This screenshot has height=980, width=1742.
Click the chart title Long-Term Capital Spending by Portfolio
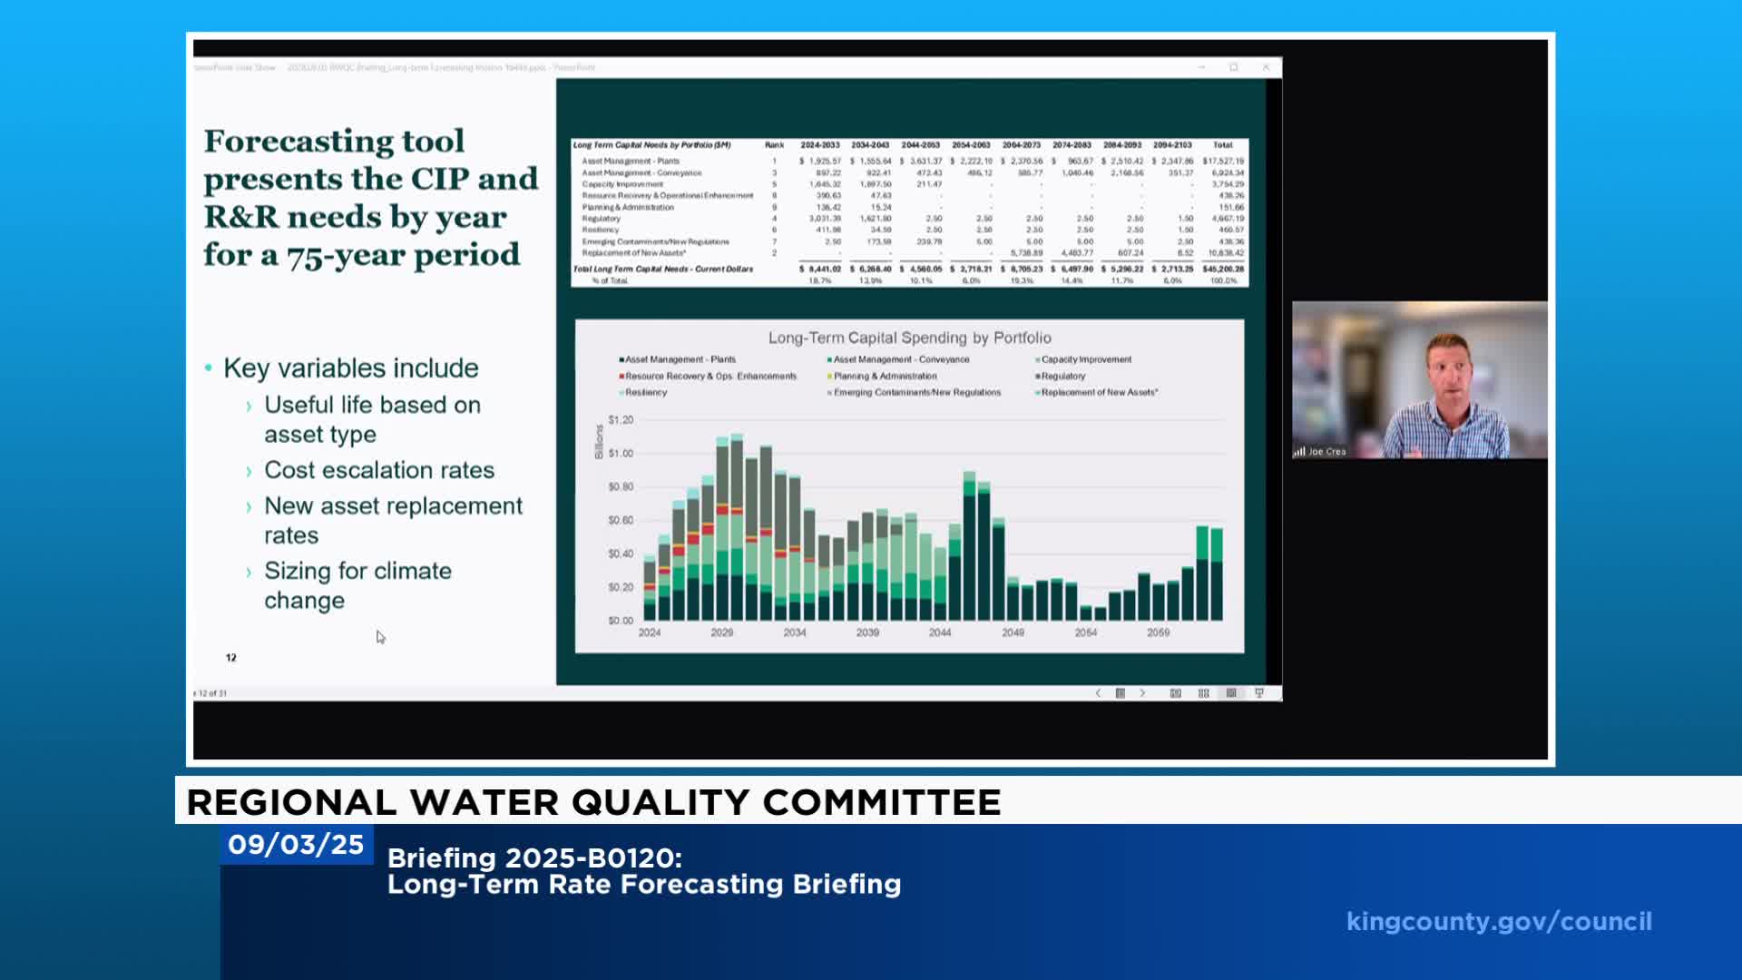point(909,338)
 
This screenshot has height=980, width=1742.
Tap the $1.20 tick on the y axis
point(621,420)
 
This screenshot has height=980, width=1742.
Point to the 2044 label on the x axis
point(940,632)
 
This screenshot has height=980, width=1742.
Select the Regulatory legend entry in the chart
point(1062,377)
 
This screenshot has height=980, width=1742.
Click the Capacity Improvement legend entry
point(1085,360)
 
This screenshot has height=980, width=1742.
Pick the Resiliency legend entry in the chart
point(645,393)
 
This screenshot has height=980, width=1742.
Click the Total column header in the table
point(1222,145)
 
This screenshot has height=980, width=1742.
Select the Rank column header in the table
point(774,145)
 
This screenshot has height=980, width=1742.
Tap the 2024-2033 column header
point(819,145)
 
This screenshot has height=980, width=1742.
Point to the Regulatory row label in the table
point(602,219)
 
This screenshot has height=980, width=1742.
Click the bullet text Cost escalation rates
point(379,470)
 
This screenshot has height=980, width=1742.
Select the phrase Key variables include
point(350,368)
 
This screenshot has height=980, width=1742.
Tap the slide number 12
point(231,658)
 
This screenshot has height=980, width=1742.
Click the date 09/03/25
point(296,845)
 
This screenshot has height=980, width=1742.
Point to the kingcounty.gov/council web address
point(1499,922)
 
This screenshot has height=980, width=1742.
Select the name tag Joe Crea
point(1326,452)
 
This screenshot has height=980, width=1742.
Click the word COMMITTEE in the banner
point(881,803)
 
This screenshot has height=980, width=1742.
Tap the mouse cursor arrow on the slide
point(380,637)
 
